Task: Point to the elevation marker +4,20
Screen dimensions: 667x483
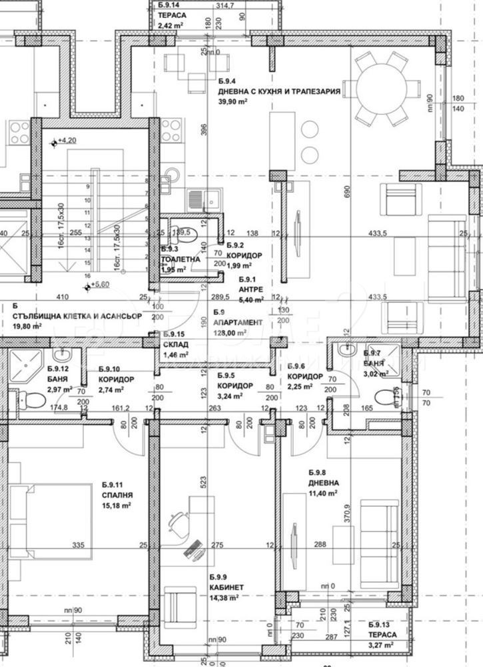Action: [x=66, y=141]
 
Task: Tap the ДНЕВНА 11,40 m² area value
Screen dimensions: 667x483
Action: [x=322, y=494]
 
